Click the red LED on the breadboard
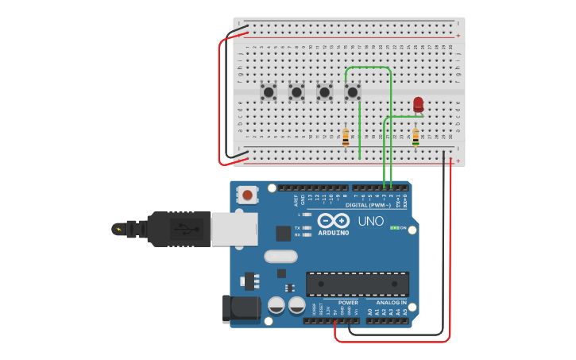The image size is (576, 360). tap(419, 104)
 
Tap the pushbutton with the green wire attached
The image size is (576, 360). tap(353, 93)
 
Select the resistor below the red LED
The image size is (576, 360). tap(416, 137)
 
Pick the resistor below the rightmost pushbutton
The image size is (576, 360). tap(346, 137)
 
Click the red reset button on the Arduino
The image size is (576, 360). tap(248, 195)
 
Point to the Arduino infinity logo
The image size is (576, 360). tap(333, 221)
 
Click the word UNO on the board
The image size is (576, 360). tap(370, 221)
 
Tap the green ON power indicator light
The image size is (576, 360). tap(394, 228)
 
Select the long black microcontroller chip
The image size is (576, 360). tap(358, 284)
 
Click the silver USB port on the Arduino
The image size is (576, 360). tap(234, 229)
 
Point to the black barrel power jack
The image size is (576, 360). tap(242, 308)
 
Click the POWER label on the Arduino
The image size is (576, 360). tap(348, 302)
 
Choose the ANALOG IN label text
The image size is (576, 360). tap(391, 302)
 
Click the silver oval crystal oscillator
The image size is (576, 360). tap(280, 256)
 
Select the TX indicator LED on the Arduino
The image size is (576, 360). tap(307, 228)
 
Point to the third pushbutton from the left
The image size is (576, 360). tap(325, 93)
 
